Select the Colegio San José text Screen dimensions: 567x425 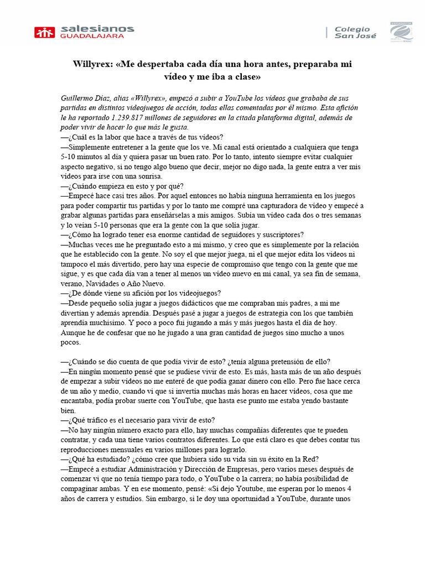click(x=355, y=32)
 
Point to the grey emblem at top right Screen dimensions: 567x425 click(x=401, y=32)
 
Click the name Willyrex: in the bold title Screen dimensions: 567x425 click(x=93, y=64)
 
